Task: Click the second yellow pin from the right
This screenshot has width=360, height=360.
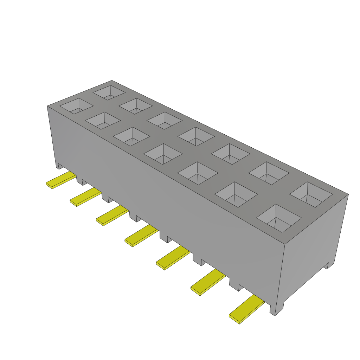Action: point(208,282)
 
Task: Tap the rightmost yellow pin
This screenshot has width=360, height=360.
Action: point(246,309)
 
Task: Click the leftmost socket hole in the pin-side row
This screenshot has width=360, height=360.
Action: point(76,106)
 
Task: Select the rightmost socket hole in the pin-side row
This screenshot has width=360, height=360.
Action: point(279,218)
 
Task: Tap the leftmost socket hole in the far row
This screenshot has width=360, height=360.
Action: point(109,92)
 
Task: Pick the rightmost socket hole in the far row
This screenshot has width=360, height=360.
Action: point(311,194)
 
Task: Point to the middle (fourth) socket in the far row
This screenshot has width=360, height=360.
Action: point(196,136)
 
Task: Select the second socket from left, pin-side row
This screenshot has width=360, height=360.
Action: point(103,121)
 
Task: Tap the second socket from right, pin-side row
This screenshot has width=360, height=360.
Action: point(236,195)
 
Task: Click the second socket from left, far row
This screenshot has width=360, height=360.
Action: point(135,106)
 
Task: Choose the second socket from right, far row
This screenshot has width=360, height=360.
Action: point(269,173)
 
